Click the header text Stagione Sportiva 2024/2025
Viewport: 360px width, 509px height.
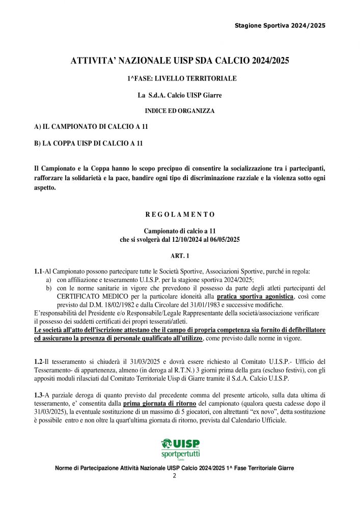(x=280, y=25)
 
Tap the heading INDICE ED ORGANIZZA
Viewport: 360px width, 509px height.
(x=180, y=110)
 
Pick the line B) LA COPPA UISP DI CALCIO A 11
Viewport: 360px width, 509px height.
(x=88, y=144)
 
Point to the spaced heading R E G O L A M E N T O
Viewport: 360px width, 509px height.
(x=180, y=214)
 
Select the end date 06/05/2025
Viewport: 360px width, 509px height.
(x=223, y=239)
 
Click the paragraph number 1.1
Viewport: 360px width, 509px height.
(x=38, y=272)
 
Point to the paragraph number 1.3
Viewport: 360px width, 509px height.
(x=38, y=395)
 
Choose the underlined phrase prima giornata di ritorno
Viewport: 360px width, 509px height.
(x=159, y=404)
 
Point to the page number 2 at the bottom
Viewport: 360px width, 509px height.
(x=174, y=476)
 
